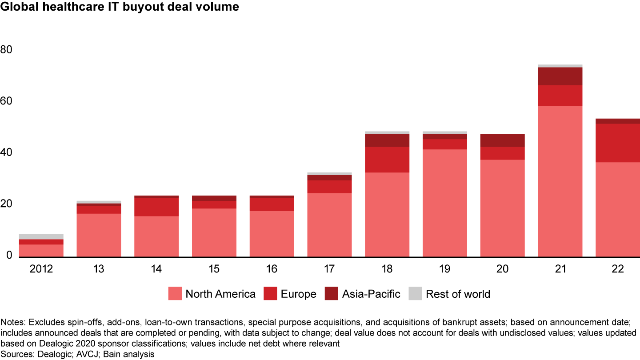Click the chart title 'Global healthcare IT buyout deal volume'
(120, 7)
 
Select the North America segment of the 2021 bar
(560, 181)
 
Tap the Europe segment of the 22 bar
(618, 143)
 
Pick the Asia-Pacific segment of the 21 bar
(560, 76)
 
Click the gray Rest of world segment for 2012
(41, 236)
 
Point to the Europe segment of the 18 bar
(387, 160)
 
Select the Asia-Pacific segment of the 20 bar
(503, 140)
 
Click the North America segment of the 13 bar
(99, 235)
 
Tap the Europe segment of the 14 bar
(156, 207)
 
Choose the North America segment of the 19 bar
(445, 203)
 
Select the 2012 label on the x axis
(41, 269)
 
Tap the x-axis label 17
(329, 269)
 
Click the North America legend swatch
(175, 294)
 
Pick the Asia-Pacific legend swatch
(331, 294)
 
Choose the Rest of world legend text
(458, 294)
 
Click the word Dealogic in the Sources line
(46, 354)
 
